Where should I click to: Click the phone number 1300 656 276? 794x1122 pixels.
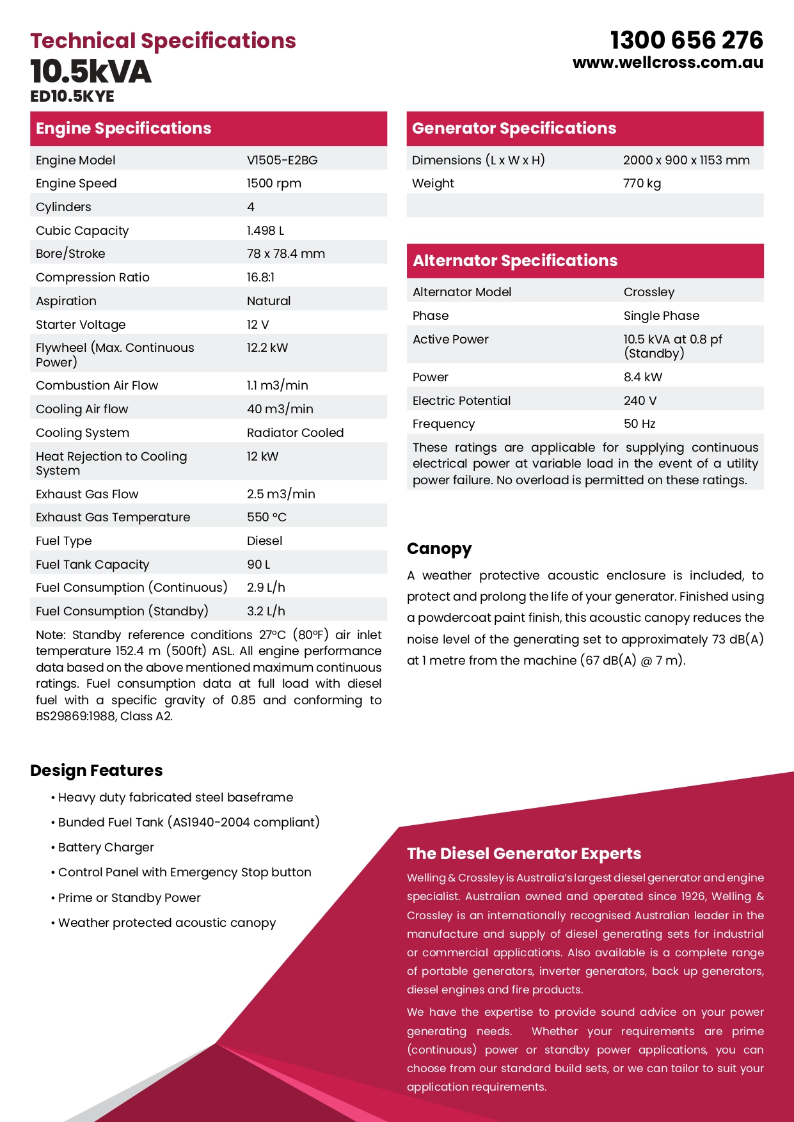click(x=687, y=40)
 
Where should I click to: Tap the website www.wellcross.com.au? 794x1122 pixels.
click(x=668, y=63)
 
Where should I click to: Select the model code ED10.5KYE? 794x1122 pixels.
click(x=72, y=97)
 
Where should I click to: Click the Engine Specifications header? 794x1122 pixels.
click(x=123, y=128)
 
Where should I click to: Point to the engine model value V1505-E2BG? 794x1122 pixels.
click(x=282, y=160)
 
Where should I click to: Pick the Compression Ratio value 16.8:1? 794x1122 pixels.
click(x=260, y=277)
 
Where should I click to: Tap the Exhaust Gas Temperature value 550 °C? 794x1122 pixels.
click(x=267, y=517)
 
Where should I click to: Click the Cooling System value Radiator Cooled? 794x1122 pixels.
click(x=295, y=432)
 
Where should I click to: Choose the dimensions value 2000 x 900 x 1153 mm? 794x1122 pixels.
click(x=686, y=160)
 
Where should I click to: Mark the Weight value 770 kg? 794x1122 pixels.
click(x=642, y=184)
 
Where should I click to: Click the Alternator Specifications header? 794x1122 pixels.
click(x=515, y=260)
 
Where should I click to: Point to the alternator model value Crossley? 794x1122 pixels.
click(x=649, y=292)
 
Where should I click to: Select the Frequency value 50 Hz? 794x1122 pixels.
click(x=639, y=423)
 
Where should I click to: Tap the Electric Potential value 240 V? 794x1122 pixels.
click(x=640, y=400)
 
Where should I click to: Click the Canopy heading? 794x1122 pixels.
click(x=439, y=549)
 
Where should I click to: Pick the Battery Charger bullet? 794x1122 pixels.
click(x=106, y=847)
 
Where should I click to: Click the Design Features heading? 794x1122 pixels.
click(x=97, y=770)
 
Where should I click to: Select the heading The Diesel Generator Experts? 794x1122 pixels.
click(x=524, y=853)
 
